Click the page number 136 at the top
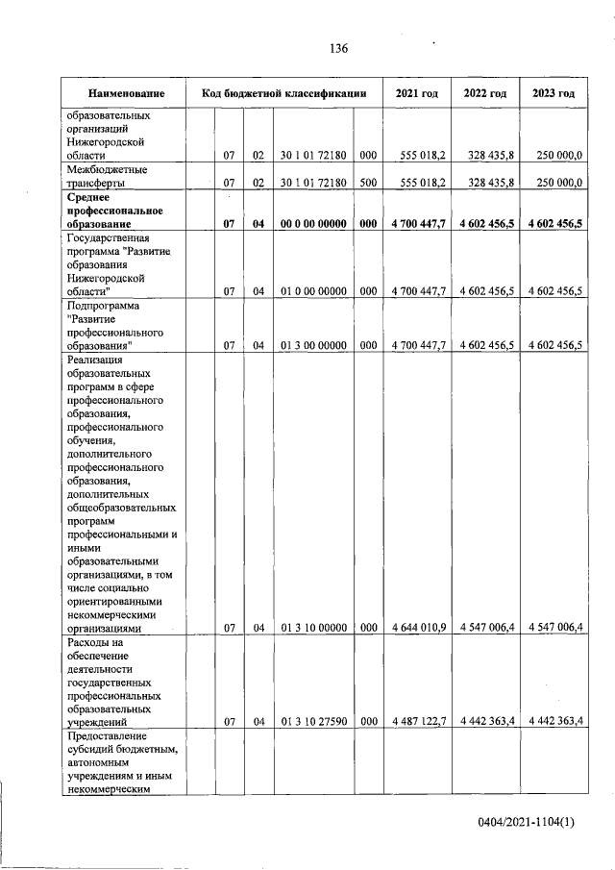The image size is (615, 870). pyautogui.click(x=337, y=48)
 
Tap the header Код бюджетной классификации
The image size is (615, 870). pyautogui.click(x=283, y=93)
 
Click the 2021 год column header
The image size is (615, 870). pyautogui.click(x=417, y=93)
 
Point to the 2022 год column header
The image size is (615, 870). pyautogui.click(x=485, y=93)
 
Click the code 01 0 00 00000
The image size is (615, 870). pyautogui.click(x=313, y=289)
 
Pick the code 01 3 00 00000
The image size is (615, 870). pyautogui.click(x=313, y=344)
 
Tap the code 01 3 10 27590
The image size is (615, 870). pyautogui.click(x=313, y=720)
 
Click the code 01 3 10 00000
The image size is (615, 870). pyautogui.click(x=313, y=628)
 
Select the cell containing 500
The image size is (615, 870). pyautogui.click(x=368, y=181)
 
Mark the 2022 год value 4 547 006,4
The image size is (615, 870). pyautogui.click(x=487, y=628)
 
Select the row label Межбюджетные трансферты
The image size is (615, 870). pyautogui.click(x=106, y=174)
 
